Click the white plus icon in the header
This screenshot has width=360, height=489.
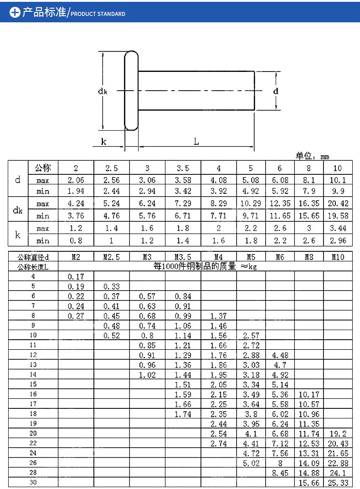coord(15,12)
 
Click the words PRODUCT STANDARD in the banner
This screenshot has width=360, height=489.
coord(98,14)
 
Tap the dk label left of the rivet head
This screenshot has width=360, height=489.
coord(102,91)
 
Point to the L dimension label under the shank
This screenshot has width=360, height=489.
coord(196,142)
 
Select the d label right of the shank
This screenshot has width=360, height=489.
coord(276,91)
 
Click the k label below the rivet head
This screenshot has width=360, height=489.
coord(103,142)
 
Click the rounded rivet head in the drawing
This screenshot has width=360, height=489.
coord(131,91)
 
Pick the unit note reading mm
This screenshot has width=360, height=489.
coord(324,157)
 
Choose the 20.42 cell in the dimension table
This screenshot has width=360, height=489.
coord(338,204)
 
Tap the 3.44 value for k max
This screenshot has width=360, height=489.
coord(338,228)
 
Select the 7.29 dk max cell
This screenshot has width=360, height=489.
coord(183,204)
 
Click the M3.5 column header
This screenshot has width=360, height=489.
coord(183,257)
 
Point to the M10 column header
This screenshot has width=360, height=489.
coord(338,257)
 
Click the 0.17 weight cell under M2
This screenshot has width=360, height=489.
coord(76,276)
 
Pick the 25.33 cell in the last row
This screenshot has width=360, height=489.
coord(338,483)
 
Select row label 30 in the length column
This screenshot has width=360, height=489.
coord(33,483)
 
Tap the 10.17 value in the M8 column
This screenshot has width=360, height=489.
coord(309,394)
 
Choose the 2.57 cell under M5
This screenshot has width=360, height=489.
coord(251,336)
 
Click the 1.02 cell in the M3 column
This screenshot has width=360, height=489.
coord(147,375)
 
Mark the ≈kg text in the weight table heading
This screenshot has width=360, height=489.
coord(249,267)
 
